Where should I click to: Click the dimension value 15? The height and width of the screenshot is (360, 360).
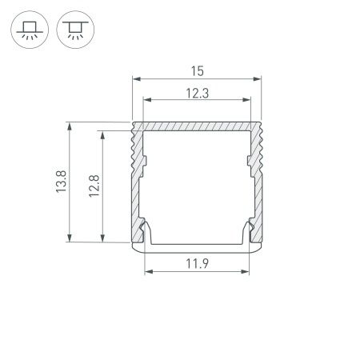click(197, 70)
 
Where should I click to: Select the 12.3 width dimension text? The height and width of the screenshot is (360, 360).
click(197, 93)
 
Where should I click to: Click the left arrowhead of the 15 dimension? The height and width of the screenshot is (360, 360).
click(135, 79)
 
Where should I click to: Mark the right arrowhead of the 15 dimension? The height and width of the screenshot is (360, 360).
click(258, 79)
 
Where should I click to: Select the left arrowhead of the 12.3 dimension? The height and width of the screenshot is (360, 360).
click(146, 101)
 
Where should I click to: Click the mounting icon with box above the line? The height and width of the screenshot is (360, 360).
click(29, 31)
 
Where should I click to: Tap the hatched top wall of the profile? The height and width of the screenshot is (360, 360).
click(197, 127)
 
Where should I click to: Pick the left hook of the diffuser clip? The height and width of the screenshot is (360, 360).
click(146, 232)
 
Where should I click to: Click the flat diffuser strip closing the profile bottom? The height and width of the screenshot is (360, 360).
click(197, 246)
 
